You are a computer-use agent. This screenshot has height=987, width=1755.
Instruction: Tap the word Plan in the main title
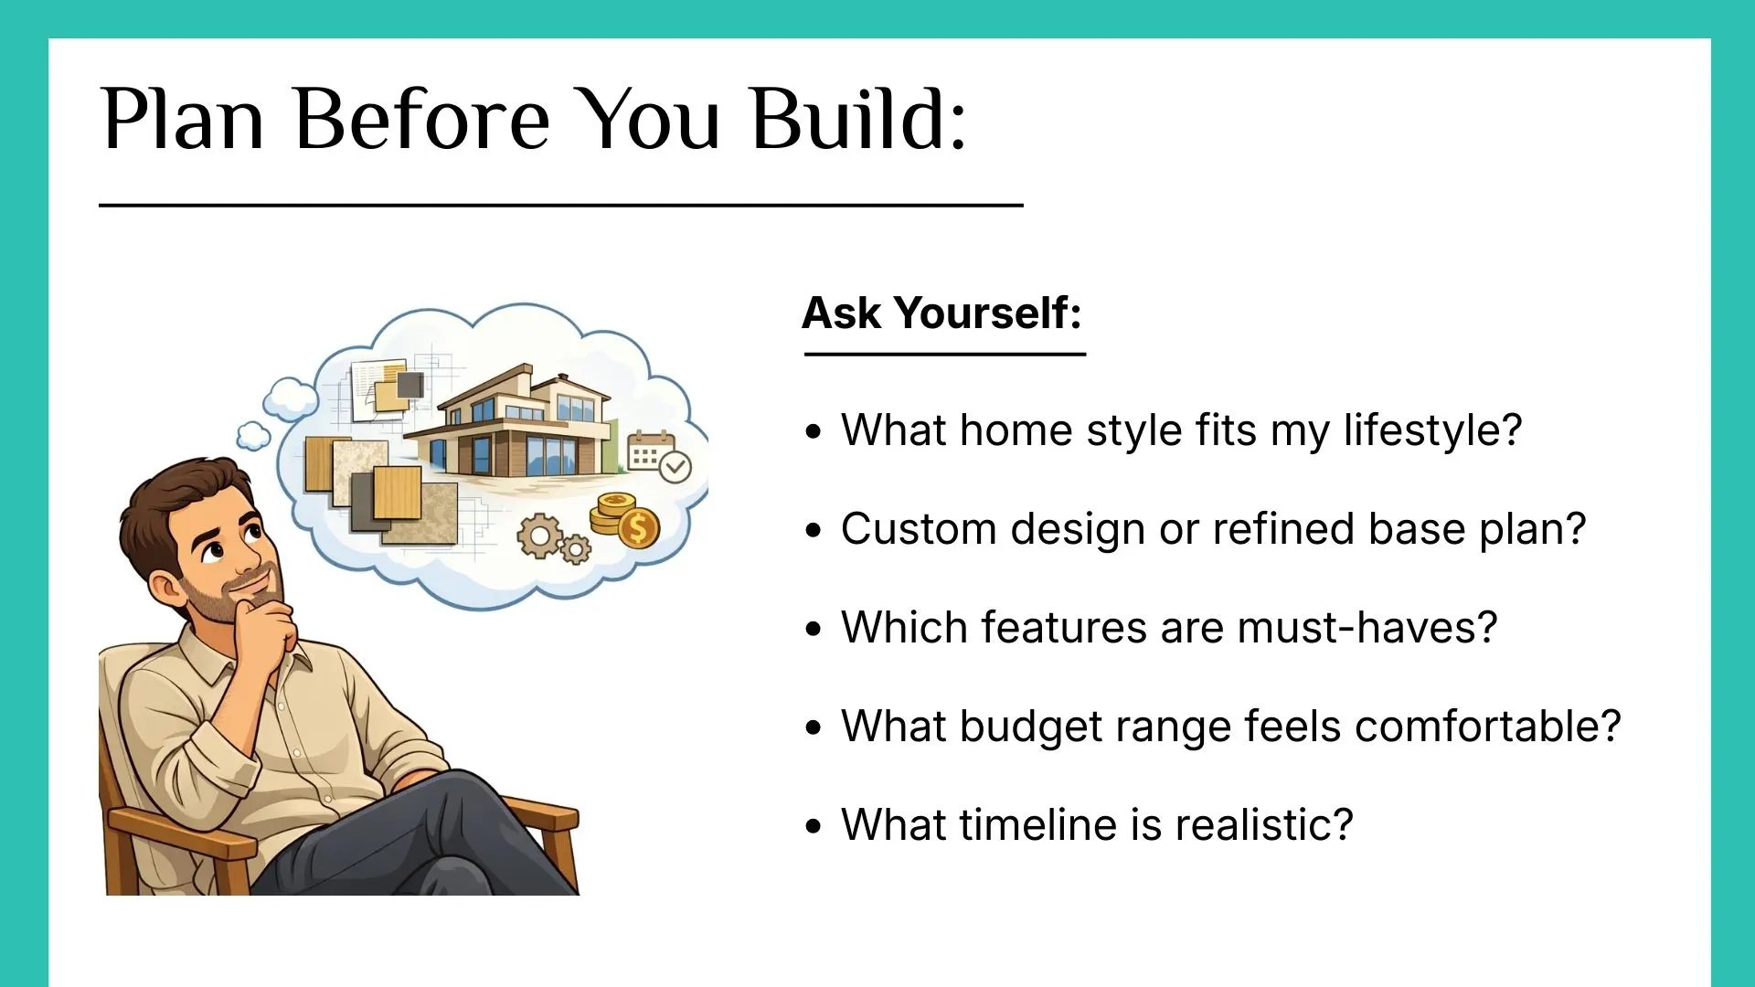184,119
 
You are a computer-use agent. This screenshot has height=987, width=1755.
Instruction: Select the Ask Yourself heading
942,313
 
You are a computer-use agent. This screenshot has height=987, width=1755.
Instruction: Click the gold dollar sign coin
639,527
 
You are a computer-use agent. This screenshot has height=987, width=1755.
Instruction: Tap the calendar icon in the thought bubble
650,451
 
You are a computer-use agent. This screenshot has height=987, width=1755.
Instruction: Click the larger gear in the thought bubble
539,536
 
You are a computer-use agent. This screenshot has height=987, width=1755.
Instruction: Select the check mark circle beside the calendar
675,467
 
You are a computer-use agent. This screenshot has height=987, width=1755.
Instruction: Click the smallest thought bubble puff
253,436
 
